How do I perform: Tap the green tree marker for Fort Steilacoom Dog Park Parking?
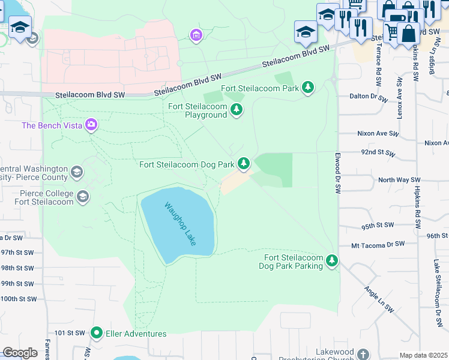[x=331, y=261]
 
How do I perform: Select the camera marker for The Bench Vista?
[x=91, y=125]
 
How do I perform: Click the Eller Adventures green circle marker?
[x=97, y=333]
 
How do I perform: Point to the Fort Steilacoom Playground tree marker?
[x=237, y=110]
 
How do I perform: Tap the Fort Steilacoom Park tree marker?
[x=308, y=88]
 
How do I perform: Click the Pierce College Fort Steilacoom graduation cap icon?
[x=83, y=197]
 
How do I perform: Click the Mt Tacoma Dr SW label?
[x=378, y=245]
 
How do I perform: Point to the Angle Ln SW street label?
[x=378, y=299]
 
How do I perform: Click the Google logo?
[x=20, y=353]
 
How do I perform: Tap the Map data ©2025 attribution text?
[x=423, y=355]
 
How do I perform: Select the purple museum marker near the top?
[x=196, y=36]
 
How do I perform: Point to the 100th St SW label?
[x=18, y=298]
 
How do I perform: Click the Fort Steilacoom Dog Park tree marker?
[x=244, y=163]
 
